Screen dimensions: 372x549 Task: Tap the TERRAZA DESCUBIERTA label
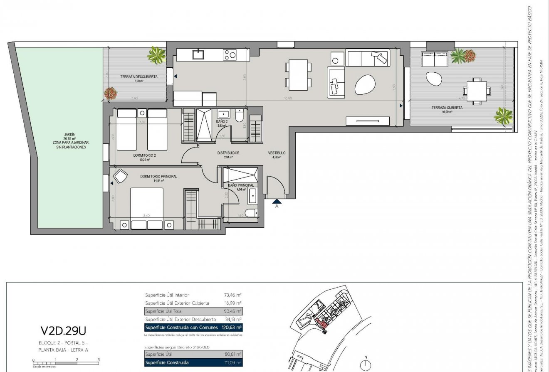point(138,77)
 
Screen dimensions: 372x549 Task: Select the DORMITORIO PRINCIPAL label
point(158,177)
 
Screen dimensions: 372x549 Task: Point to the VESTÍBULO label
point(276,153)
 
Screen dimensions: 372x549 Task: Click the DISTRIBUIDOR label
point(228,153)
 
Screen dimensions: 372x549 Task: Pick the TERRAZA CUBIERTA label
point(447,108)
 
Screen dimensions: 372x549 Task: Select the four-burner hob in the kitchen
point(230,54)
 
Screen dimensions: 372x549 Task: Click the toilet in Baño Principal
point(251,214)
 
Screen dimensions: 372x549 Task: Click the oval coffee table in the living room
point(365,85)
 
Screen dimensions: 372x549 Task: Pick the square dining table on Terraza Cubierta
point(475,91)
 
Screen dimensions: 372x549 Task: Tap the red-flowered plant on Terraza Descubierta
point(110,93)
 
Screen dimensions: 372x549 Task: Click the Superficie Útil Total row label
point(163,311)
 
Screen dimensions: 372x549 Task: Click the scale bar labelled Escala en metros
point(65,363)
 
